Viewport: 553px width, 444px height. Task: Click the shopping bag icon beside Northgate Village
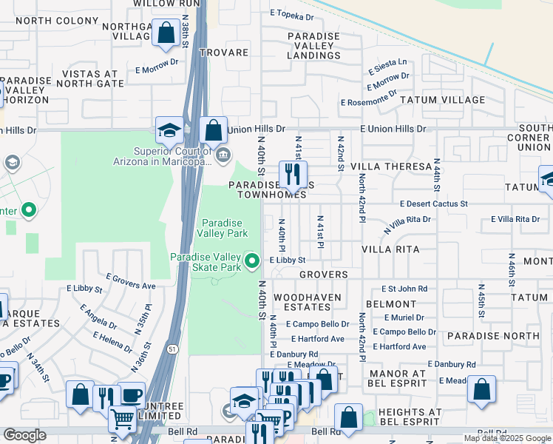pos(166,33)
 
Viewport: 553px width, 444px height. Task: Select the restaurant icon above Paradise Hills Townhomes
pos(293,174)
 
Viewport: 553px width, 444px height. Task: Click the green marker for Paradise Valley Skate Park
pos(253,260)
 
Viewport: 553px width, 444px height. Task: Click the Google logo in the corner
pos(24,435)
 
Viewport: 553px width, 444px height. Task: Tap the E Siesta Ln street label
pos(387,62)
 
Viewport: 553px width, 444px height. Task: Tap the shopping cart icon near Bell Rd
pos(122,420)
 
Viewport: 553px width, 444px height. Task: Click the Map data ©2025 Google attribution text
pos(507,438)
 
